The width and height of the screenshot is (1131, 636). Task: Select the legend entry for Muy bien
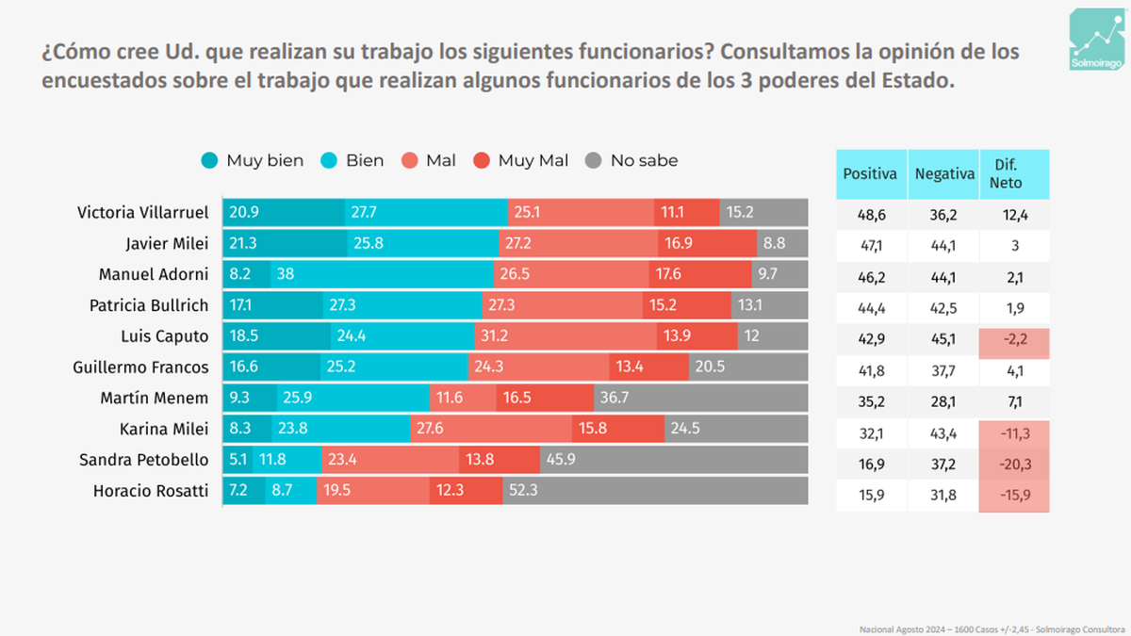[253, 161]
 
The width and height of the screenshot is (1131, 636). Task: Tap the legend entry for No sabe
[631, 161]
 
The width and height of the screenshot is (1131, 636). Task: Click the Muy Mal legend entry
[520, 161]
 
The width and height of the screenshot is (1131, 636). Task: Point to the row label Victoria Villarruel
[142, 213]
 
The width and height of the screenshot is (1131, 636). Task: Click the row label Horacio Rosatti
[151, 490]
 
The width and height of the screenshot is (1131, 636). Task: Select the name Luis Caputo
[165, 336]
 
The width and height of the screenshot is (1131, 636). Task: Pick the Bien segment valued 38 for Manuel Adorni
[382, 275]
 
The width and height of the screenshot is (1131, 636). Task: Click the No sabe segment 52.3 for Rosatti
[655, 490]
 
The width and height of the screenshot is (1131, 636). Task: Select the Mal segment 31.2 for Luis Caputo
[566, 336]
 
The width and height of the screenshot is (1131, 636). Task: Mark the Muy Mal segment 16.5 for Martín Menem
[546, 398]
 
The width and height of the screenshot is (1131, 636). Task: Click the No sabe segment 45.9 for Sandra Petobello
[673, 460]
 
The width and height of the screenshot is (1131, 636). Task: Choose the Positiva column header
[871, 174]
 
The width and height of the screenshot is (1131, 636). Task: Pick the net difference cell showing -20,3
[1014, 464]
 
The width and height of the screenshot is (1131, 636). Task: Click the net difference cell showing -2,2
[1014, 340]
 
